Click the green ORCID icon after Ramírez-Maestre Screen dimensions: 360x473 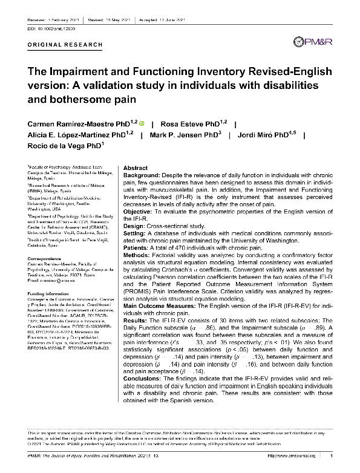coord(142,123)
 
